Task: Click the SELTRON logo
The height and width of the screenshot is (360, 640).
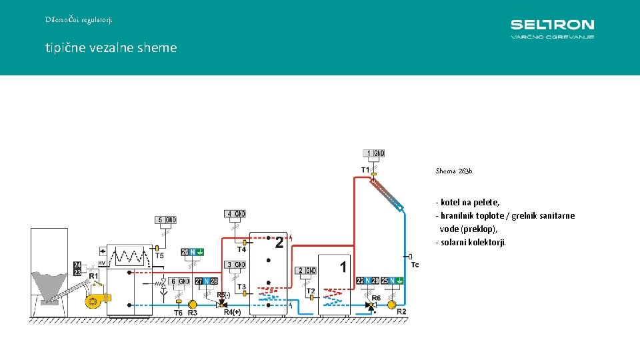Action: tap(552, 28)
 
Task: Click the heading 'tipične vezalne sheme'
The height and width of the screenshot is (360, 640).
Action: tap(111, 47)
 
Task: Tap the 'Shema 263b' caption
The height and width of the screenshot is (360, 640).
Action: tap(453, 171)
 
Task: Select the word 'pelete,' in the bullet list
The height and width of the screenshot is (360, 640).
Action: tap(485, 202)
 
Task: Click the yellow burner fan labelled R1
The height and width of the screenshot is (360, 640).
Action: tap(93, 301)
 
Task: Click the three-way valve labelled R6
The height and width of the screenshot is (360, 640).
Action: tap(371, 305)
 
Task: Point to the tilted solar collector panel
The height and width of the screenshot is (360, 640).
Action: tap(388, 193)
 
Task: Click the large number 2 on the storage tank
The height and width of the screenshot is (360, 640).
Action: tap(280, 243)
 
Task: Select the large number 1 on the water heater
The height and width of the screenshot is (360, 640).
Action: tap(343, 267)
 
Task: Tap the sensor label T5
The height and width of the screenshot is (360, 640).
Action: tap(159, 255)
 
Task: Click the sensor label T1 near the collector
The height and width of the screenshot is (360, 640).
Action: tap(365, 170)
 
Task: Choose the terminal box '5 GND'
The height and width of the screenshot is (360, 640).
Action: tap(165, 220)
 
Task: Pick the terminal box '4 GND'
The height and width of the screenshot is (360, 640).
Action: tap(235, 214)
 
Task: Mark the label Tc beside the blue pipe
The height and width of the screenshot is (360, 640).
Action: tap(415, 265)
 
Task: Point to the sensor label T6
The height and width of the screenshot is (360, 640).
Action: tap(178, 313)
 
